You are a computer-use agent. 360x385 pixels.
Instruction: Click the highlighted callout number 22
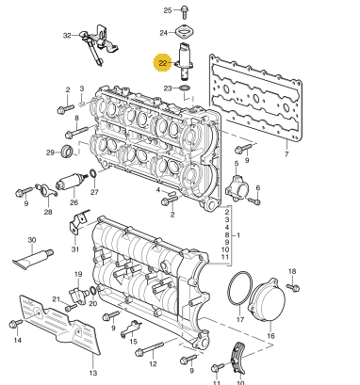tap(162, 63)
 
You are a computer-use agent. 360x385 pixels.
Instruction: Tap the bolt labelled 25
tap(184, 11)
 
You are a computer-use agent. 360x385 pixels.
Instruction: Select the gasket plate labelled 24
tap(185, 32)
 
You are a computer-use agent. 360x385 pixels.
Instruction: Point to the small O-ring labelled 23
tap(185, 88)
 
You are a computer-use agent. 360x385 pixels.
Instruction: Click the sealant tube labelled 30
tap(33, 258)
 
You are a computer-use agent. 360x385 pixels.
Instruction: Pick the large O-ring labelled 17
tap(239, 289)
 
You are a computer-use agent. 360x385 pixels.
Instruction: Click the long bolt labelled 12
tap(149, 349)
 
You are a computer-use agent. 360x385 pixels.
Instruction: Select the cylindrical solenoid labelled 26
tap(72, 182)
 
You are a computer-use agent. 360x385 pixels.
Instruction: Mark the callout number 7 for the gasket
tap(286, 154)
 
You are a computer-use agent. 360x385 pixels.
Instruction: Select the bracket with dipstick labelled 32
tap(99, 43)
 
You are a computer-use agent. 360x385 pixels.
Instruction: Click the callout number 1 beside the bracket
tap(238, 235)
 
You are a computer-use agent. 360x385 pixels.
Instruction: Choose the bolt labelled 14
tap(16, 324)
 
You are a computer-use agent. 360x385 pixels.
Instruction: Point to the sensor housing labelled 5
tap(237, 187)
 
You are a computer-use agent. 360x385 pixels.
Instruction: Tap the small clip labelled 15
tap(131, 329)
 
